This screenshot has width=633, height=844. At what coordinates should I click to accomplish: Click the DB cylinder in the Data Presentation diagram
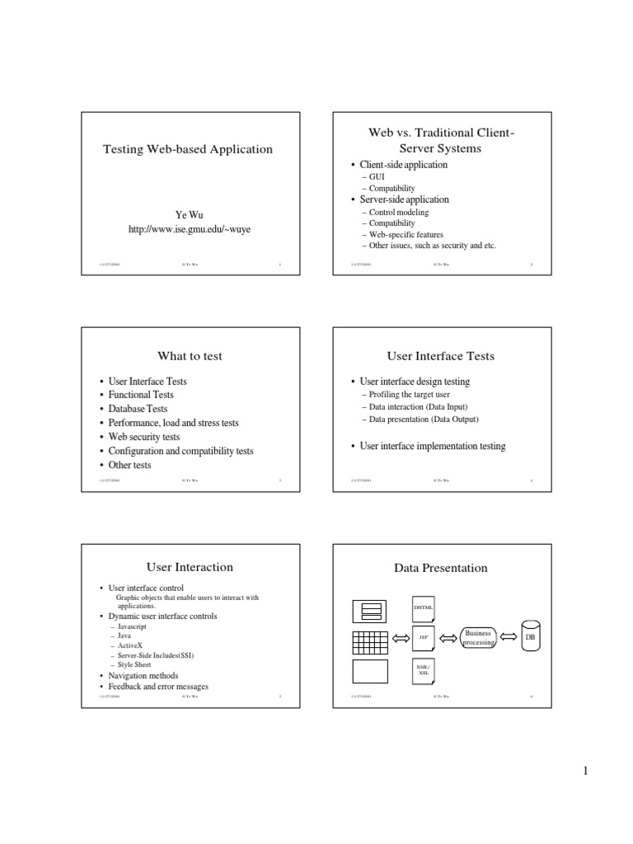pos(530,637)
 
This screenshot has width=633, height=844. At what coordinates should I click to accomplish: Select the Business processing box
pos(479,637)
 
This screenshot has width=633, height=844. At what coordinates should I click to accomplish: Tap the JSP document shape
pos(424,637)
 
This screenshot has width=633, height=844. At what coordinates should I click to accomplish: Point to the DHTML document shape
pos(424,607)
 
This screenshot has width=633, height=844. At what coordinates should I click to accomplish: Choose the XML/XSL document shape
pos(424,669)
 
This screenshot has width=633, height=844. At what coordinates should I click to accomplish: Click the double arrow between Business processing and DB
pos(507,637)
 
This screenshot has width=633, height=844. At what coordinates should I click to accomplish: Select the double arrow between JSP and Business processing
pos(450,637)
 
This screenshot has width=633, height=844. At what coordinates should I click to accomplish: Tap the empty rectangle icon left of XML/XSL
pos(370,672)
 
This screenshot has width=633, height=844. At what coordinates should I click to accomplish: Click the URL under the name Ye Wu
pos(189,229)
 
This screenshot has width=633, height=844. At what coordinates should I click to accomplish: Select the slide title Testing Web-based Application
pos(187,149)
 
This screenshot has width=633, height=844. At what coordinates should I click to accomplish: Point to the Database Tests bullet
pos(138,409)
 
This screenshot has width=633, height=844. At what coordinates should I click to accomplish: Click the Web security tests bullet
pos(144,437)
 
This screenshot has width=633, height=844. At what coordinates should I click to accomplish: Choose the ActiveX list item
pos(130,645)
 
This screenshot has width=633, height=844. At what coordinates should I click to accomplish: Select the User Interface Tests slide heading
pos(441,356)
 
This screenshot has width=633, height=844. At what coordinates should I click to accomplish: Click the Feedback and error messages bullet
pos(159,687)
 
